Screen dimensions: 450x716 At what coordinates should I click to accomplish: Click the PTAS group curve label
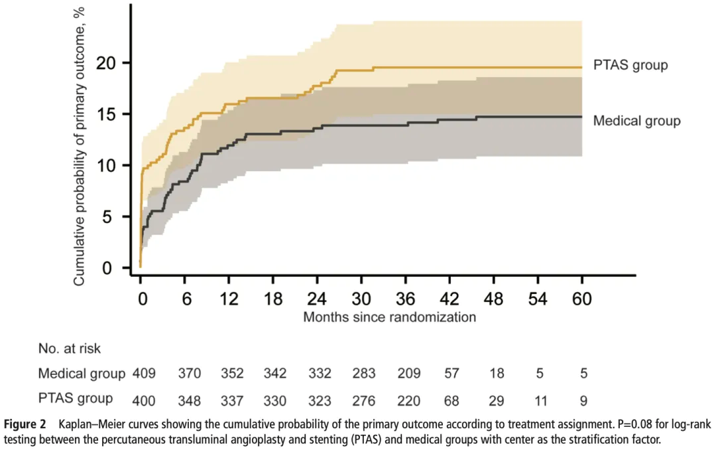[630, 65]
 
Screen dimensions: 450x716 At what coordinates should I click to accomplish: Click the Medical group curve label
[636, 121]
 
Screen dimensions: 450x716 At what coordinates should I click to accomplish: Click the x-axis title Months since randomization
[389, 317]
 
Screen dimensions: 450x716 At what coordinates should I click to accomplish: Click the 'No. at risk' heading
[70, 347]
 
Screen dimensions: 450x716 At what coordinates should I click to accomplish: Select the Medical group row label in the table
[82, 374]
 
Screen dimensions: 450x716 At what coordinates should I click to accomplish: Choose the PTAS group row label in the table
[75, 399]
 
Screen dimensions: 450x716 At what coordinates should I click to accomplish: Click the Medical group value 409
[144, 374]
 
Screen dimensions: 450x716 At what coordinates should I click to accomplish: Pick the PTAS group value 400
[144, 400]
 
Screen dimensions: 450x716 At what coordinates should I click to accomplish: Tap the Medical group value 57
[452, 374]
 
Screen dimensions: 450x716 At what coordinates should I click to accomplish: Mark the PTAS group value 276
[364, 400]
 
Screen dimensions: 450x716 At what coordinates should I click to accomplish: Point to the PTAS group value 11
[540, 400]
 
